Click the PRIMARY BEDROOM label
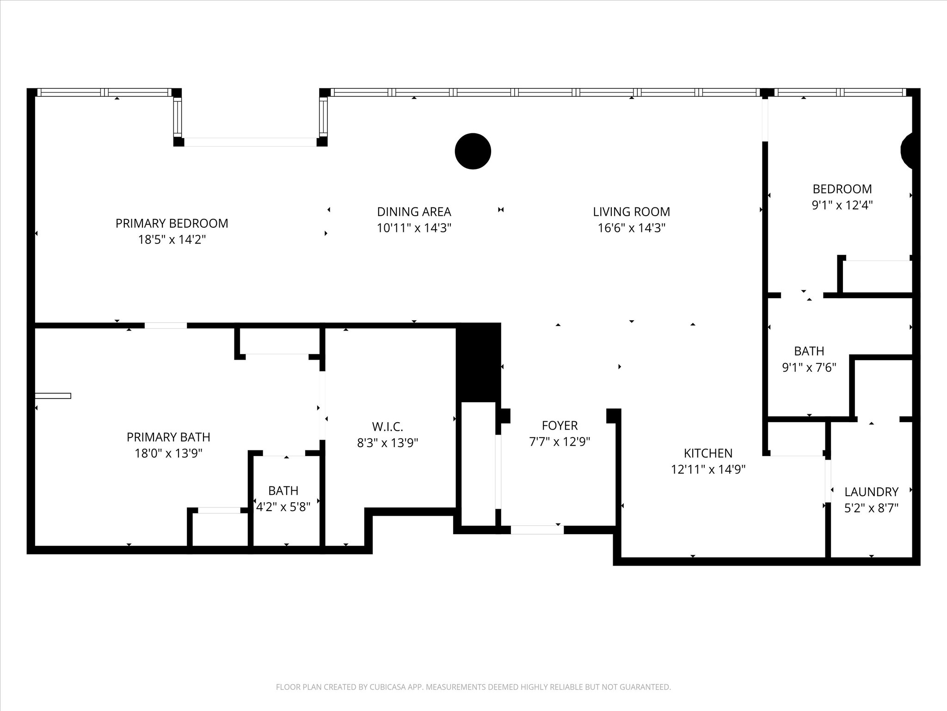[x=172, y=223]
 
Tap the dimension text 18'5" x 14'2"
[x=172, y=240]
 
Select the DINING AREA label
[x=414, y=212]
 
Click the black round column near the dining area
[x=473, y=151]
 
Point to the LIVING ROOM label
[x=631, y=212]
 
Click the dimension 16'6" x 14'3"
[x=631, y=228]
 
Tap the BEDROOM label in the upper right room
[x=842, y=189]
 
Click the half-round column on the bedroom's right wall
[x=907, y=150]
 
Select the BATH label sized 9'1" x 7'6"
[x=809, y=351]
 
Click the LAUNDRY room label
[x=871, y=492]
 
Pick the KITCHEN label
[x=708, y=453]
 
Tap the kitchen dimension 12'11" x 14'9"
[x=708, y=469]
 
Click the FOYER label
[x=560, y=425]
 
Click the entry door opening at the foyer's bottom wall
[x=537, y=530]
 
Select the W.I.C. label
[x=387, y=426]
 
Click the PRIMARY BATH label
[x=168, y=437]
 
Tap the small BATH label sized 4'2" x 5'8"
[x=283, y=490]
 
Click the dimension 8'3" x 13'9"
[x=387, y=443]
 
